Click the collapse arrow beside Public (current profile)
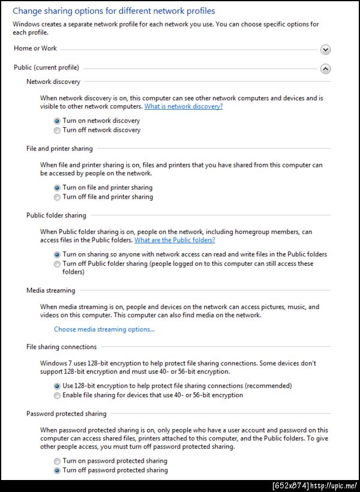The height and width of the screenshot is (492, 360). point(325,68)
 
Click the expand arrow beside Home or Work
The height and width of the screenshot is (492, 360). point(325,50)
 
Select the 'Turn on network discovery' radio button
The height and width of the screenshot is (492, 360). point(57,121)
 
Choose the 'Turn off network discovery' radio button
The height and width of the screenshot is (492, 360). point(57,130)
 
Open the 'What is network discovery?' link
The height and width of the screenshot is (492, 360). point(183,106)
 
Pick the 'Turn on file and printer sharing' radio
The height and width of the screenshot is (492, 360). point(57,188)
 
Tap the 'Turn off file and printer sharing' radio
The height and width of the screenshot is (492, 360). point(57,197)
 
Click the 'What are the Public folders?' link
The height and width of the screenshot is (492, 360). point(175,240)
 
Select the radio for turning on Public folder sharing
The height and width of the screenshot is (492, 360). point(57,254)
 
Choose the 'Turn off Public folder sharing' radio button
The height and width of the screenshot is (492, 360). point(57,264)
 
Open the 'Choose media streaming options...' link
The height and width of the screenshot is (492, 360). point(104,329)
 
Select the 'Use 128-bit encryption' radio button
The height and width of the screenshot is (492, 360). point(57,386)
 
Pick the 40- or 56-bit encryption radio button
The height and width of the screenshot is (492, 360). point(57,396)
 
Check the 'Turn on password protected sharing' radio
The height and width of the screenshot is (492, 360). point(57,461)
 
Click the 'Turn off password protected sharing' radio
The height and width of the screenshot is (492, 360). point(57,471)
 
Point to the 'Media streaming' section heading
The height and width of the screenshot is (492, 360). point(51,290)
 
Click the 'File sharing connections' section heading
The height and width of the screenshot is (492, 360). point(61,347)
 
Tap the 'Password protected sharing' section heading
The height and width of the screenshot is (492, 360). point(66,414)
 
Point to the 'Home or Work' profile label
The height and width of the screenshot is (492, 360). point(35,49)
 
